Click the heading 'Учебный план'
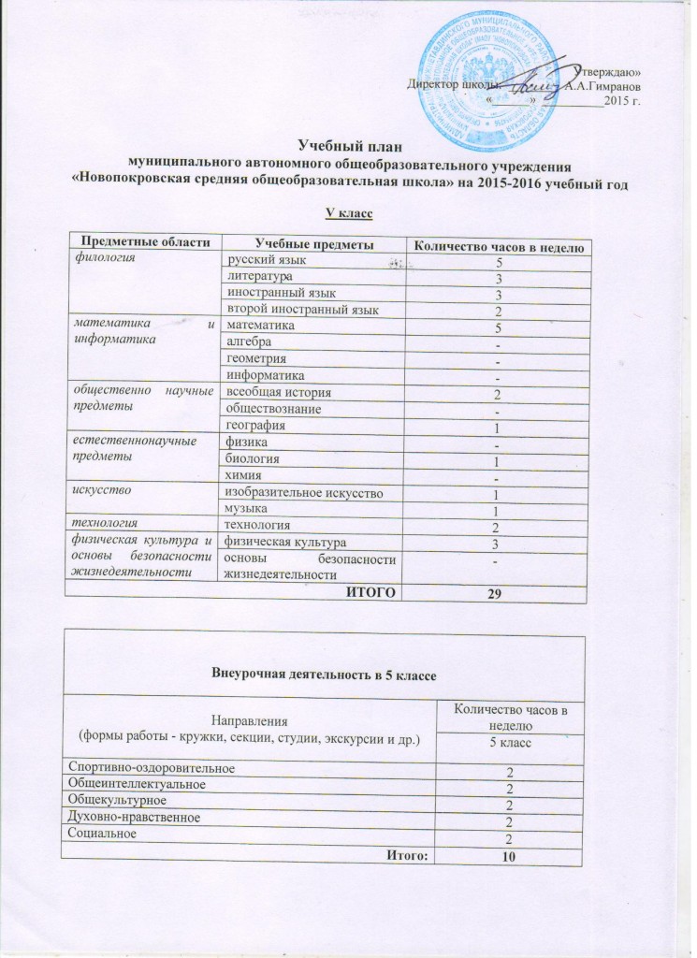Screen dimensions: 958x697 point(348,146)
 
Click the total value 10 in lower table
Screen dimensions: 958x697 point(509,857)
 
